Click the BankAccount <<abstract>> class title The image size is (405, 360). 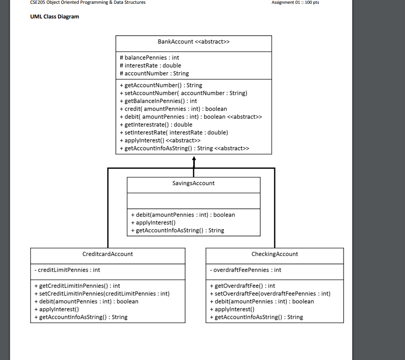coord(193,42)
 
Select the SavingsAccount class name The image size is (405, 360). coord(193,183)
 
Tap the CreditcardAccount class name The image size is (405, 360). coord(108,254)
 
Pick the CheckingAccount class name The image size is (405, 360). coord(275,254)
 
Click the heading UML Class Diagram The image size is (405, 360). coord(55,17)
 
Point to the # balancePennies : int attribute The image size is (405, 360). coord(149,57)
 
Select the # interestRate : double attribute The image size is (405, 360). coord(150,65)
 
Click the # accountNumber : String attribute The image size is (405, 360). coord(154,73)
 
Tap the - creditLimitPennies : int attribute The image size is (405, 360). coord(67,270)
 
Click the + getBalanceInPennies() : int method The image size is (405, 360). coord(158,101)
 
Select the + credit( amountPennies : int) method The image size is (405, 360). coord(173,109)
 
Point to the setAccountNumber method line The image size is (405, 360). coord(183,93)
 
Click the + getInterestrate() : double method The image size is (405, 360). coord(156,124)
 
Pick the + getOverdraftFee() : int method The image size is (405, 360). coord(242,286)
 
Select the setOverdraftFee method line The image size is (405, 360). coord(270,294)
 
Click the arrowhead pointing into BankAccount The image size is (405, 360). coord(194,158)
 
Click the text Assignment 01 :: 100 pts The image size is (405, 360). coord(295,3)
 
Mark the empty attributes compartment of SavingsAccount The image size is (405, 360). coord(193,201)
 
